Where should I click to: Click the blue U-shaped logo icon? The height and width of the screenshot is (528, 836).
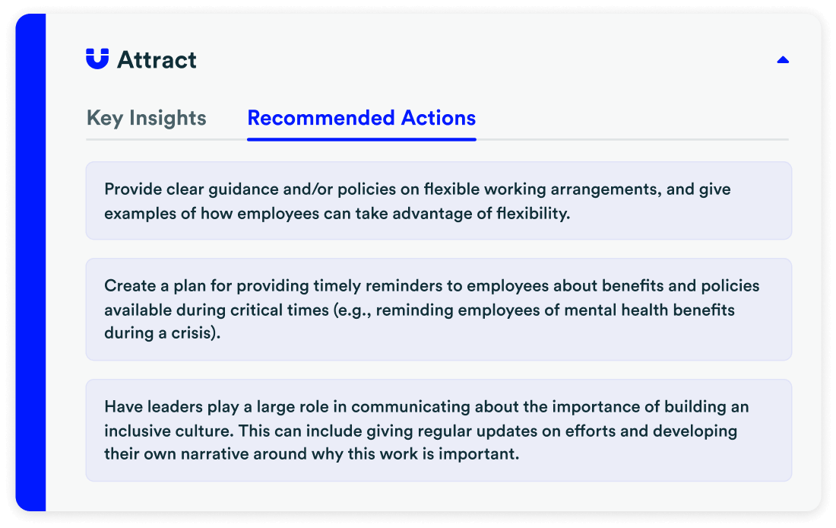tap(97, 59)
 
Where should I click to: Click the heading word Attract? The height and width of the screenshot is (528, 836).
tap(157, 59)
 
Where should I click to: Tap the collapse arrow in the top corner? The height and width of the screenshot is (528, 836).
tap(783, 59)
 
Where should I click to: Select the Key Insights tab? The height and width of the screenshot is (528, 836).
tap(147, 118)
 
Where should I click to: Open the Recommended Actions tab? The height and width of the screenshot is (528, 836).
tap(362, 118)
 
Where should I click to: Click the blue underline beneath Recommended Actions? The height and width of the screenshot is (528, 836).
tap(362, 139)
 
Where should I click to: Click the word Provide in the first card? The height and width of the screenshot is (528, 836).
tap(129, 189)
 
